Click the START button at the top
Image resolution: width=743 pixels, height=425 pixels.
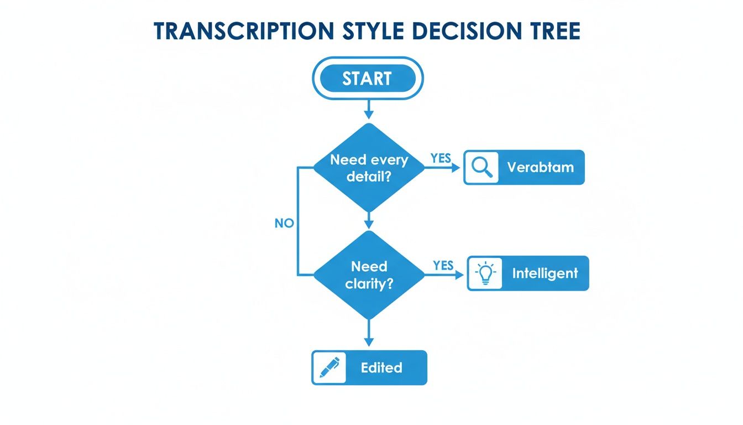coord(368,78)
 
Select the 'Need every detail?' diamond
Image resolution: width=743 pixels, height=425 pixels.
coord(369,168)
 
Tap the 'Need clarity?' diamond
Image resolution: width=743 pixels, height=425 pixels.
coord(369,275)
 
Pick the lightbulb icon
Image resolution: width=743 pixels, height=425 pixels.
coord(485,273)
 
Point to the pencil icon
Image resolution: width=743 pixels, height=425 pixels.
coord(329,367)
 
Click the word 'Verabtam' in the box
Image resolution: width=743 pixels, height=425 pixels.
coord(540,167)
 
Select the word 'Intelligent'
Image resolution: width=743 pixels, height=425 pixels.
coord(545,273)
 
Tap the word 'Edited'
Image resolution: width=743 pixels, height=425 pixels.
coord(381,368)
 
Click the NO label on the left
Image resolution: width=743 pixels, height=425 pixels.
coord(284,224)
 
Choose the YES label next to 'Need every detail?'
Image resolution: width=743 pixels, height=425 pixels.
coord(441,158)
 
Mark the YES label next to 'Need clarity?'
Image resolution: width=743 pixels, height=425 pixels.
coord(443,266)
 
